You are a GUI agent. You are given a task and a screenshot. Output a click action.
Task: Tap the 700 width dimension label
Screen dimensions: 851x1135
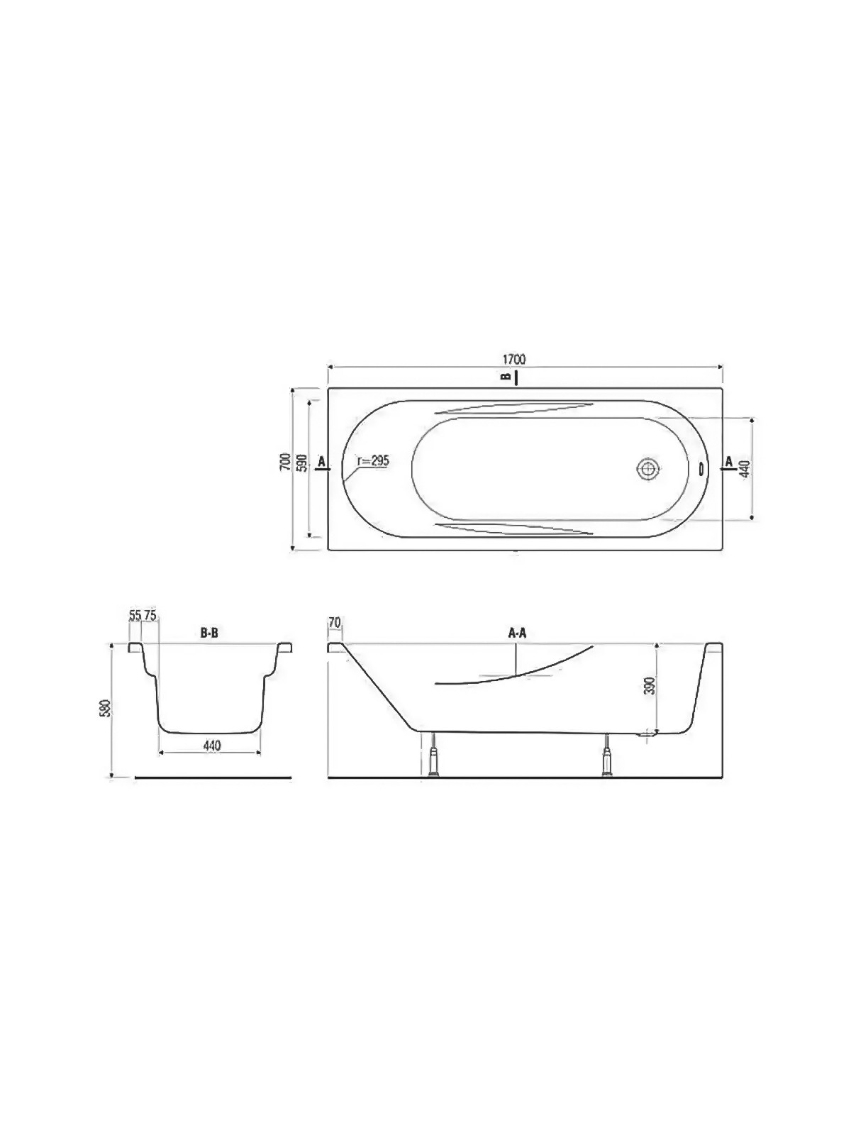[283, 462]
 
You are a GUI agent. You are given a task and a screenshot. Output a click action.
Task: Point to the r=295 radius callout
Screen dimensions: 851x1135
[374, 460]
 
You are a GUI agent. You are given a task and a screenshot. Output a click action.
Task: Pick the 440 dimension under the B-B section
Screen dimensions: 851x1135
[212, 746]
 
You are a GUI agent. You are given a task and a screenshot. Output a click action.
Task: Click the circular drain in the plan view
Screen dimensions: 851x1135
[647, 469]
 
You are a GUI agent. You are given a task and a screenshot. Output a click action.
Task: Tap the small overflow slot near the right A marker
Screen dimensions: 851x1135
[701, 468]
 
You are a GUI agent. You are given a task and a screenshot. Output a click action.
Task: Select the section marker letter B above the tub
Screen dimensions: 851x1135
[507, 376]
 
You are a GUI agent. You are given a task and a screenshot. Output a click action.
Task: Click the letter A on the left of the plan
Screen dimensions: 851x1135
[321, 461]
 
